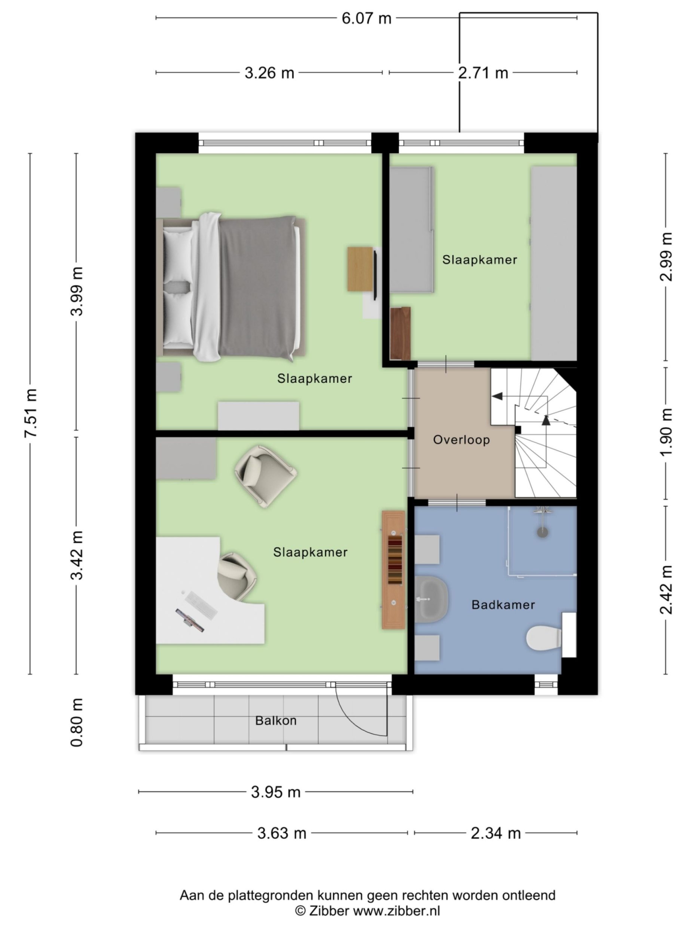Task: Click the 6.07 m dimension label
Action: [x=366, y=18]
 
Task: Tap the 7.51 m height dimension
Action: [x=31, y=413]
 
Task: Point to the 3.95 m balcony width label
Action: [x=276, y=792]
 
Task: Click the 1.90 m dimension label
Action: [x=666, y=432]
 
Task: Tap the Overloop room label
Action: [x=461, y=440]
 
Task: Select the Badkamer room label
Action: [x=503, y=605]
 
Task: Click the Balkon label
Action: [x=276, y=721]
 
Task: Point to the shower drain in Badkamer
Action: [x=543, y=532]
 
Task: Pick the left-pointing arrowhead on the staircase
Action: [x=497, y=396]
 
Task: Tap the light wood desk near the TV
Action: [x=360, y=269]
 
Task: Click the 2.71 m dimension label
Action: [x=482, y=73]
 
